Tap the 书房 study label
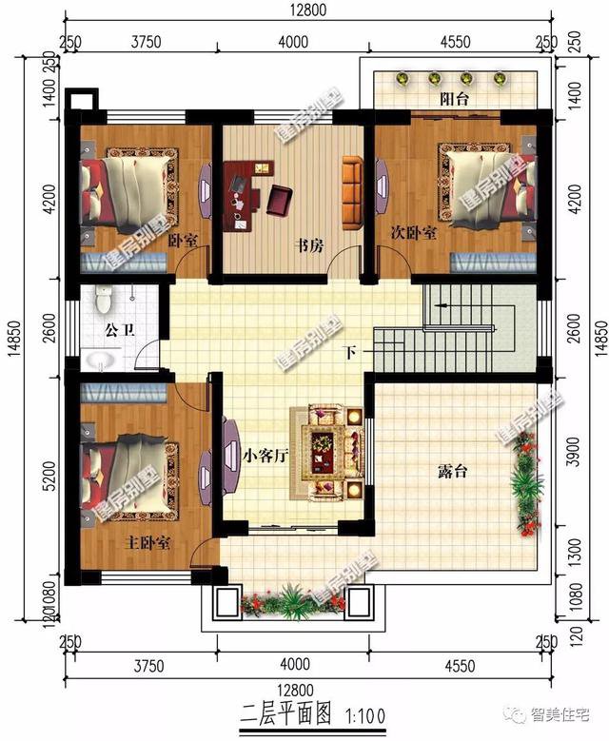coord(309,245)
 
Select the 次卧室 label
coord(414,232)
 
